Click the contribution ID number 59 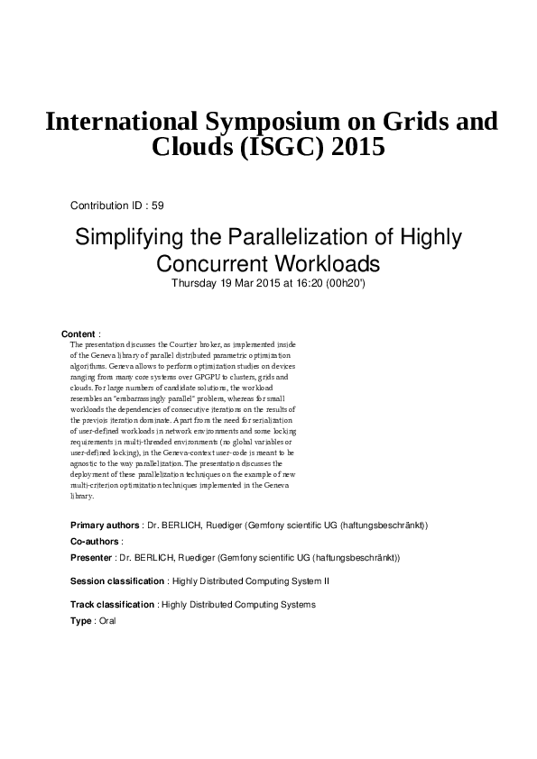click(x=158, y=206)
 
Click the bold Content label click(x=78, y=334)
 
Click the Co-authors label click(x=95, y=541)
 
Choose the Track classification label click(x=113, y=605)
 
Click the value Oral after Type click(x=107, y=621)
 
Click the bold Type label click(x=81, y=621)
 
